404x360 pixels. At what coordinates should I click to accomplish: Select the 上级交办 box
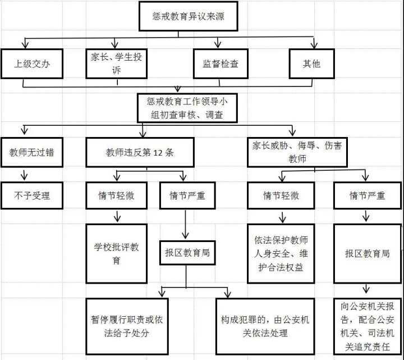coord(32,63)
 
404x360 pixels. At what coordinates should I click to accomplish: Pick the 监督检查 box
coord(221,63)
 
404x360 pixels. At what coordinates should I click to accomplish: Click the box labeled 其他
coord(312,63)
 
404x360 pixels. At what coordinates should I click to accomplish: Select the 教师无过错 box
coord(32,152)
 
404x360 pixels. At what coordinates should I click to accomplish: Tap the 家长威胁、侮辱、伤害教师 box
coord(298,152)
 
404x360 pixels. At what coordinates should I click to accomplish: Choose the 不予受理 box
coord(32,195)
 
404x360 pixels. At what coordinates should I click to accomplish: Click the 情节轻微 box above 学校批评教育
coord(117,196)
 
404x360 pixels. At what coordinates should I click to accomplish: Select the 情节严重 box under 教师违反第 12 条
coord(187,196)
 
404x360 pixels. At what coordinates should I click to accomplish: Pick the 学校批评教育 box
coord(117,253)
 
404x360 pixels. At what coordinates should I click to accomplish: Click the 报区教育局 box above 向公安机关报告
coord(368,253)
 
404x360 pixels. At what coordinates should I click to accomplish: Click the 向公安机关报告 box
coord(368,326)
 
